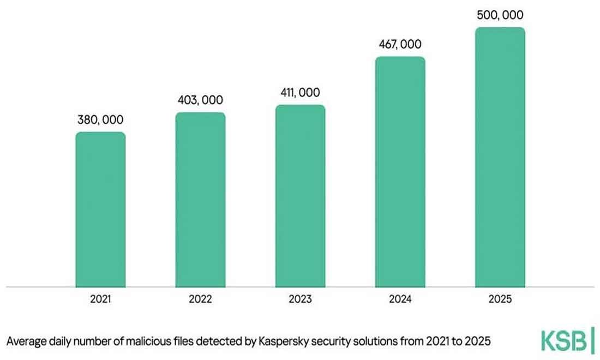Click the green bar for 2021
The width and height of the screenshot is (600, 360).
point(100,209)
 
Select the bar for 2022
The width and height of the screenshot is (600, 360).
point(200,200)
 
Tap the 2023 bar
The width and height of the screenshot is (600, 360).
point(300,196)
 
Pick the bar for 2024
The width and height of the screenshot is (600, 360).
point(400,172)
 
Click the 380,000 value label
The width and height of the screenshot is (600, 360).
point(100,120)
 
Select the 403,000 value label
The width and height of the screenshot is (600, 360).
point(200,100)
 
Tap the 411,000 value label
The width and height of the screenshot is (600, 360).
point(300,93)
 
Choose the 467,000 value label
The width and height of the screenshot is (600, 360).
point(400,45)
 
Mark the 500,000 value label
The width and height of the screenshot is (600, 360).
point(500,15)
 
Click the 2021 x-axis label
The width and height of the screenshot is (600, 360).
point(100,299)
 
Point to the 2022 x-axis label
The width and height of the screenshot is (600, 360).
point(200,299)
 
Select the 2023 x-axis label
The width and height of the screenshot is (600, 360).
point(300,299)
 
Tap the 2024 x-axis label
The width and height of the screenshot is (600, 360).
point(400,299)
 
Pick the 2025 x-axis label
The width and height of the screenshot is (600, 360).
point(500,299)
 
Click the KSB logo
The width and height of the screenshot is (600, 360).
point(567,341)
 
